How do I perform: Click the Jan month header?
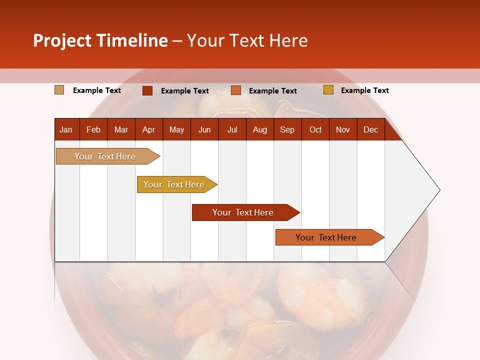(x=66, y=129)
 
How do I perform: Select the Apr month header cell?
(x=149, y=129)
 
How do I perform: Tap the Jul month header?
(x=232, y=129)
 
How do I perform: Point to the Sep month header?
(x=287, y=129)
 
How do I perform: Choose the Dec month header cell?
(x=370, y=129)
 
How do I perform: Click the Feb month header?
(x=93, y=129)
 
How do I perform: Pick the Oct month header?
(x=315, y=129)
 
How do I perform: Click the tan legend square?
(x=59, y=90)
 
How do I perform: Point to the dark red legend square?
(x=147, y=90)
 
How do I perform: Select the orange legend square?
(x=236, y=90)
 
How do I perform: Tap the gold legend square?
(x=328, y=90)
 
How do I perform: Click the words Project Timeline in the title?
(x=100, y=40)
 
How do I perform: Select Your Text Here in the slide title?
(x=247, y=40)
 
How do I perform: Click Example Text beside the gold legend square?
(x=364, y=90)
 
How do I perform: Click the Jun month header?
(x=204, y=129)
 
